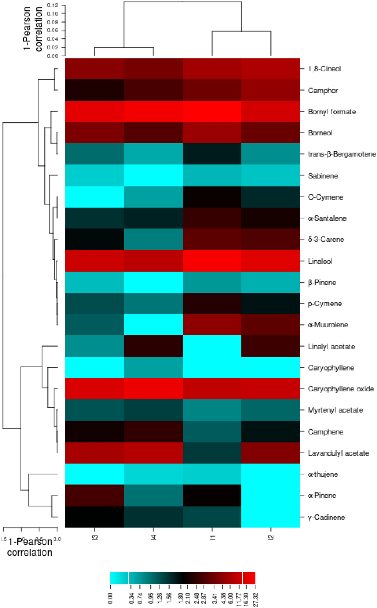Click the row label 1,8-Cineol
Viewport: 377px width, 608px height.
click(x=324, y=69)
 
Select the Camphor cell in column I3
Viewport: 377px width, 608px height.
click(x=95, y=90)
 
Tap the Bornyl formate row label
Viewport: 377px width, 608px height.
click(x=332, y=112)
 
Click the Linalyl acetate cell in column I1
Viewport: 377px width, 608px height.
click(x=212, y=346)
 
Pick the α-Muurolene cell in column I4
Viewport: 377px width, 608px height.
click(x=154, y=325)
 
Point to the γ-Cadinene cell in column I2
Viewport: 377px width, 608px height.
click(x=270, y=517)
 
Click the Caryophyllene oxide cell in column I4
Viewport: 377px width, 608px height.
click(x=154, y=389)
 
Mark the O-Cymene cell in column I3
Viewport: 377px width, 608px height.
click(x=95, y=197)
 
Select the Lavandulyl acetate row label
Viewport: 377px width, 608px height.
click(x=338, y=453)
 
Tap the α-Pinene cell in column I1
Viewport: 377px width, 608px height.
click(x=212, y=495)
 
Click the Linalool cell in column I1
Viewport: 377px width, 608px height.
click(x=212, y=261)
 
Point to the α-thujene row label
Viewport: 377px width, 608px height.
click(x=323, y=474)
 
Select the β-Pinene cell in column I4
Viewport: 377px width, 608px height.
click(x=154, y=282)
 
